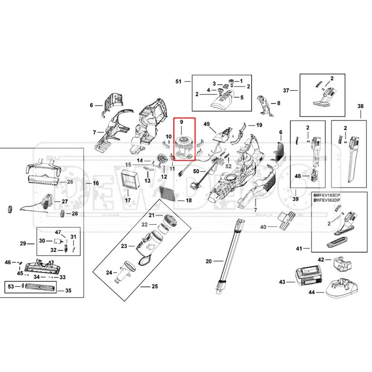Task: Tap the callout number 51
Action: click(178, 81)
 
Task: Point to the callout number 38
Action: click(360, 106)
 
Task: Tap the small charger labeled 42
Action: click(341, 264)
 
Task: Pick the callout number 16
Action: click(96, 183)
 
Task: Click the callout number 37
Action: click(286, 90)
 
